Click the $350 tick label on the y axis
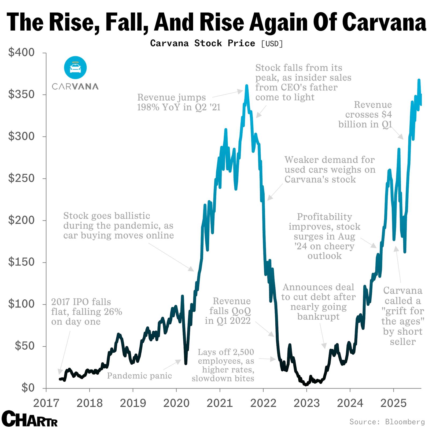21,94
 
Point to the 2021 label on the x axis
220,403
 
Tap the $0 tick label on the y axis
28,388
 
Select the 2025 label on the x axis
393,403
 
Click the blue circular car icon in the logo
75,68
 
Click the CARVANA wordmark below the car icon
75,86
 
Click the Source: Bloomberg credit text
387,421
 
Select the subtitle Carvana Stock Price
202,43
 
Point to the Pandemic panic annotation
139,375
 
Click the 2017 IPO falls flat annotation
86,312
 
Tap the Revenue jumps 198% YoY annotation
178,102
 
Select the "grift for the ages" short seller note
402,316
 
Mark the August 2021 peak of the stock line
247,86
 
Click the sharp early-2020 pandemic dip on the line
186,363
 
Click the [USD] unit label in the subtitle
272,43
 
